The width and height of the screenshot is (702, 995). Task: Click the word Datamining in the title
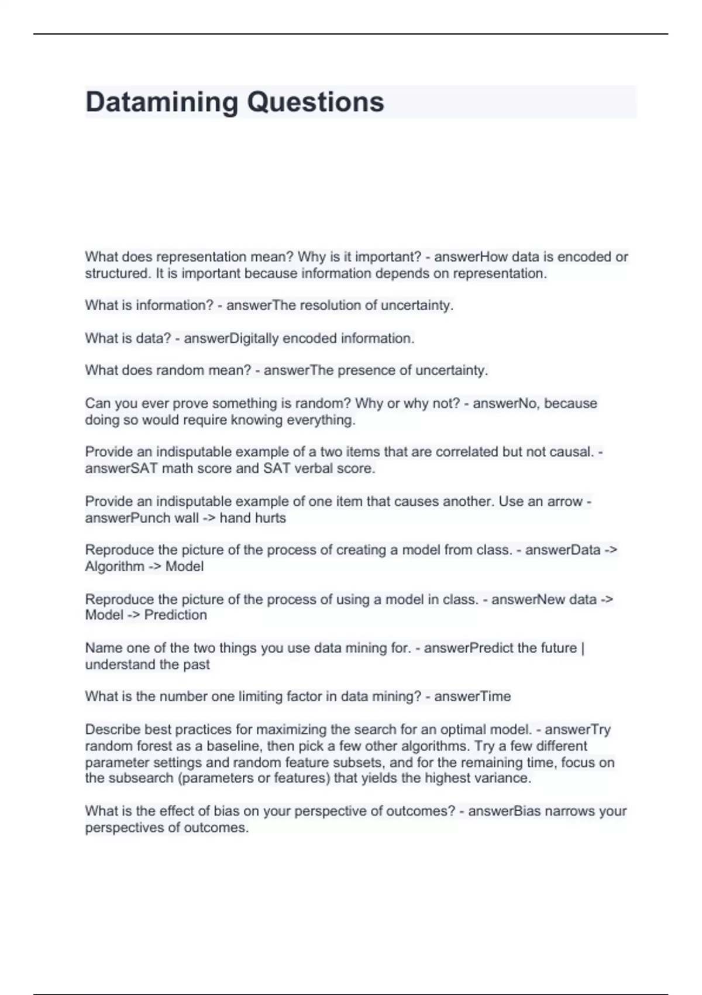[161, 102]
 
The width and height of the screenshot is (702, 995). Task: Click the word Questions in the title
[315, 102]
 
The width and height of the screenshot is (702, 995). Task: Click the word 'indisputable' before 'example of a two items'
[193, 452]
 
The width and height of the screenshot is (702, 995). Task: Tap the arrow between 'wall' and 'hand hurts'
[209, 518]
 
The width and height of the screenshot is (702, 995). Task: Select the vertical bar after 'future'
[583, 648]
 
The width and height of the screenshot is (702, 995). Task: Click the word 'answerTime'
[472, 696]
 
